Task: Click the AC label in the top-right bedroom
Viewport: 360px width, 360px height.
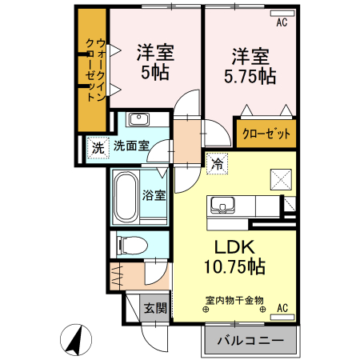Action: point(282,23)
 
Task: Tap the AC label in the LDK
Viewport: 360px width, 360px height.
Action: point(282,307)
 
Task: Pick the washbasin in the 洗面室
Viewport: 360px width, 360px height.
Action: point(139,121)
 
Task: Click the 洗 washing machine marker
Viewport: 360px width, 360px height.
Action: point(96,147)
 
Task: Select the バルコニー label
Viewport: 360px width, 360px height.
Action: point(250,341)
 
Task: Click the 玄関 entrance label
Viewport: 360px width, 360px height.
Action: point(155,308)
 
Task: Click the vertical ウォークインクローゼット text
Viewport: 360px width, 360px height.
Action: point(94,70)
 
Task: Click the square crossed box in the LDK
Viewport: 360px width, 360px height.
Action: point(280,178)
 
